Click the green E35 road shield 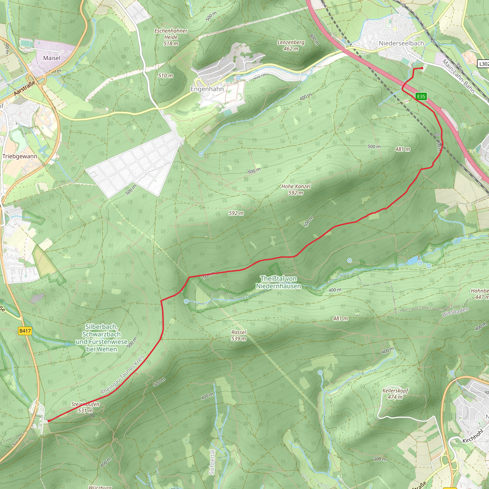click(x=421, y=96)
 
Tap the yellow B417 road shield click(x=25, y=331)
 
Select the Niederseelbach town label click(x=401, y=43)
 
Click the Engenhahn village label click(x=207, y=89)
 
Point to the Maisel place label click(x=52, y=58)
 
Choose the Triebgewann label click(x=20, y=156)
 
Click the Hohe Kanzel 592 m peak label click(x=296, y=189)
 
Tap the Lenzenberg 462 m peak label click(x=291, y=45)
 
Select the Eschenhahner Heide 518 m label click(x=171, y=37)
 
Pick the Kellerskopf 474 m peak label click(x=395, y=393)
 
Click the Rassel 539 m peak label click(x=239, y=335)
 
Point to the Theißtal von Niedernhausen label click(x=278, y=282)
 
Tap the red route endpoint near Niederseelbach click(x=422, y=68)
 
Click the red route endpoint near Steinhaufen click(x=49, y=421)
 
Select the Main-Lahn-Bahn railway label click(x=458, y=76)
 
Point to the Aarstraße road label click(x=24, y=88)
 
